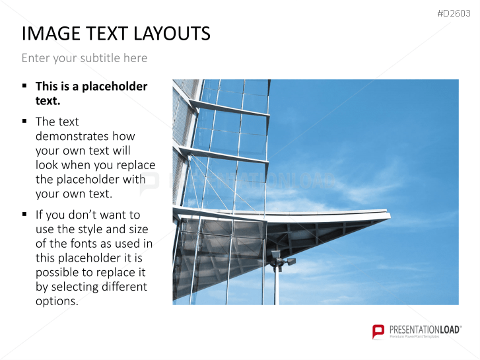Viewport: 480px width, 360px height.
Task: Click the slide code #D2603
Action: tap(454, 13)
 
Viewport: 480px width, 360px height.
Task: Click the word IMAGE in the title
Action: tap(51, 34)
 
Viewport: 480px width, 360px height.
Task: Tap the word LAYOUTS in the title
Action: tap(172, 34)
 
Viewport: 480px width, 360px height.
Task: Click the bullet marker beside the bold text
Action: tap(24, 86)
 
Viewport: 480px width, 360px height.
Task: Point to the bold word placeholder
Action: tap(114, 87)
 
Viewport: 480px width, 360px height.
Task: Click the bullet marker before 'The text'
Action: tap(24, 121)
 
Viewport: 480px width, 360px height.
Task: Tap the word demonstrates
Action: tap(85, 136)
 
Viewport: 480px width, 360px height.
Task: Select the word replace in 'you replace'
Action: tap(136, 165)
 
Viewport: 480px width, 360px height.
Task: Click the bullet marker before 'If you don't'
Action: tap(24, 214)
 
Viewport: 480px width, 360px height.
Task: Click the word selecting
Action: tap(75, 287)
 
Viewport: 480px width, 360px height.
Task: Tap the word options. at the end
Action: tap(57, 301)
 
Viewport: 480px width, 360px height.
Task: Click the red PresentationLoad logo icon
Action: tap(378, 332)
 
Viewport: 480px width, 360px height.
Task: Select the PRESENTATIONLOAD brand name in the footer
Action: tap(425, 330)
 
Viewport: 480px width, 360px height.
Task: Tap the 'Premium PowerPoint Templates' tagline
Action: tap(414, 336)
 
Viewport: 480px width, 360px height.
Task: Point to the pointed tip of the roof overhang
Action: tap(390, 216)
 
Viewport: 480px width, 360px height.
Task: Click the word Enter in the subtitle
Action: tap(36, 58)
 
